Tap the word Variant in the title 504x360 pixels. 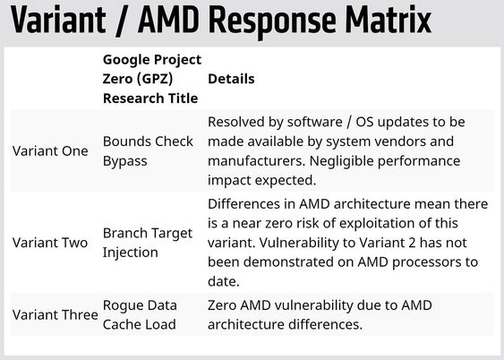pos(58,20)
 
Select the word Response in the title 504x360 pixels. pos(272,22)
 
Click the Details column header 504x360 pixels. pos(231,79)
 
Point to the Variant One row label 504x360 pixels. pos(50,150)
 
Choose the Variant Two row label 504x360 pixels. pos(50,243)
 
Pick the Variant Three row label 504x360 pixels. pos(56,314)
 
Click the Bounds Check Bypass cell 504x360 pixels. pos(148,151)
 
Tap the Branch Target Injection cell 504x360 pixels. pos(148,243)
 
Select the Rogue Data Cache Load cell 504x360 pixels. pos(140,314)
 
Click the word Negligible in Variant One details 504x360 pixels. pos(341,161)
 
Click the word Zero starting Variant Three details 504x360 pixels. pos(222,305)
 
